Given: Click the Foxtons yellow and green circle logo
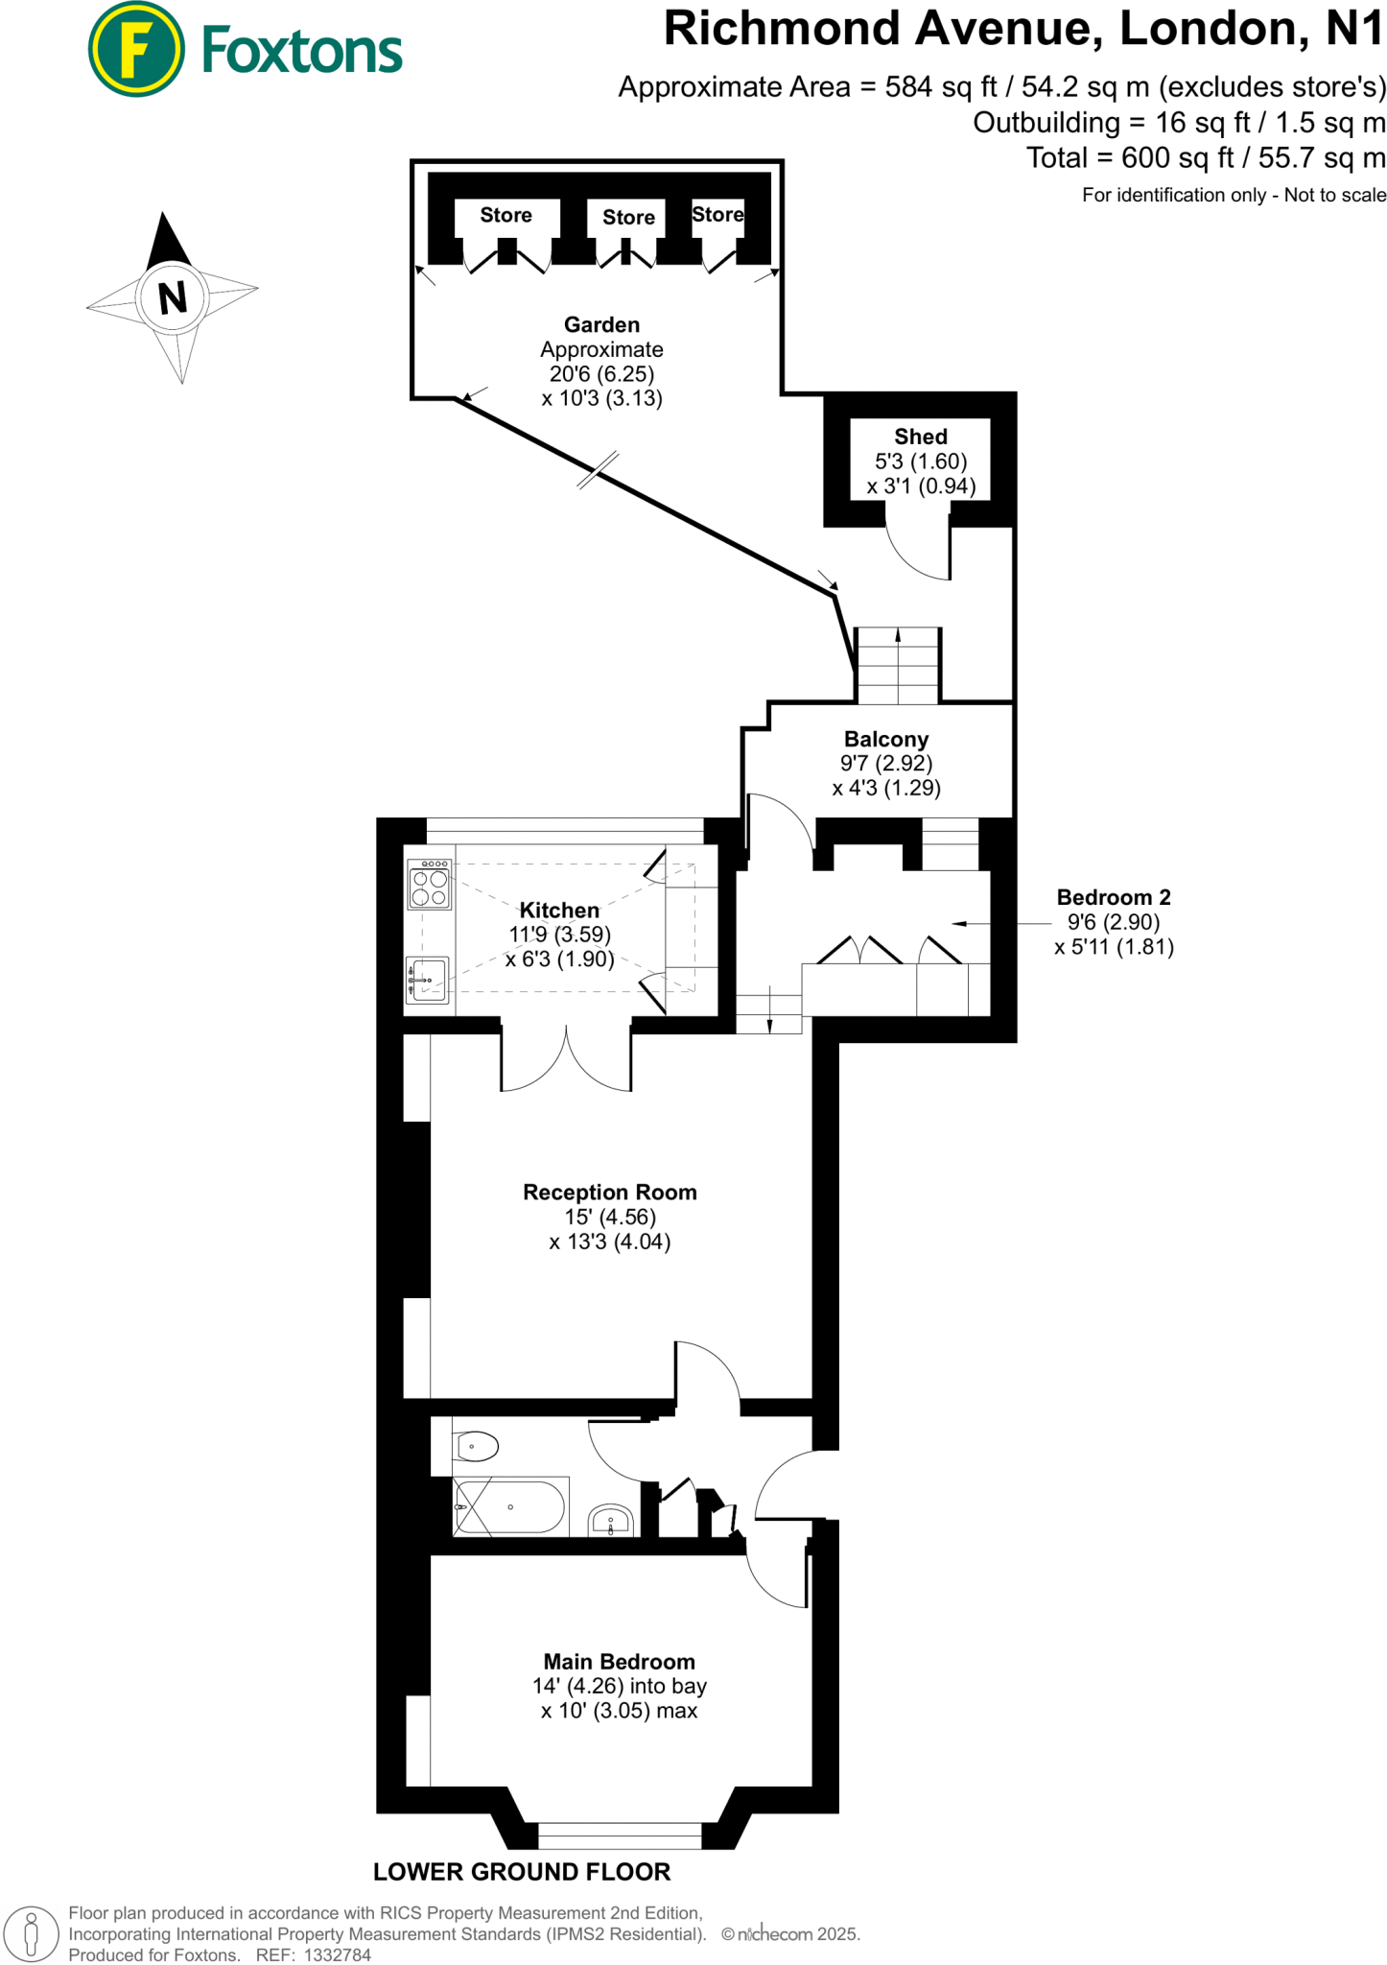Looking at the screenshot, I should point(135,49).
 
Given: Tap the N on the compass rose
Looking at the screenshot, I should point(173,297).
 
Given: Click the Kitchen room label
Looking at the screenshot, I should point(559,910).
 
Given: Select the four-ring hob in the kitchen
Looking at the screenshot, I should point(429,885).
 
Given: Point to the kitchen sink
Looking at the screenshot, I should point(428,980).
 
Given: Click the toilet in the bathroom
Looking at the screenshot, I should point(477,1445).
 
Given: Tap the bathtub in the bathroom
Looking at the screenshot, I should point(510,1506).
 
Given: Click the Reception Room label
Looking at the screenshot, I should point(609,1192).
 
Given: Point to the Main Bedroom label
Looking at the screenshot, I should point(619,1661).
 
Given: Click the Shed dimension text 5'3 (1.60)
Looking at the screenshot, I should point(921,462).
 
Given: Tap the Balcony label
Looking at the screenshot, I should point(886,739).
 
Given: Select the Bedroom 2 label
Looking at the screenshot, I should point(1113,897).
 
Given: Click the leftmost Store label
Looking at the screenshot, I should point(505,215).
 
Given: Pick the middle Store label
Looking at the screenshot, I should point(628,217).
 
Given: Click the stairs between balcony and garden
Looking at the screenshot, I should point(898,666).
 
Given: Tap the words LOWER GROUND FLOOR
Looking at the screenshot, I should point(522,1871).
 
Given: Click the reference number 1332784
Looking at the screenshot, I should point(337,1954).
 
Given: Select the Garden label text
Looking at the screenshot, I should point(601,324).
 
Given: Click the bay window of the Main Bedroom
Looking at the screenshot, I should point(620,1835).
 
